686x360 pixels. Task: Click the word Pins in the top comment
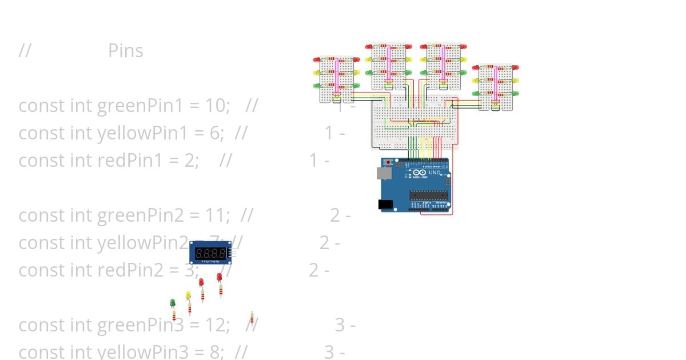click(126, 51)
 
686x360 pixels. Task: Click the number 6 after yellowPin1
click(215, 133)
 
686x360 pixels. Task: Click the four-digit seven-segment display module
click(210, 253)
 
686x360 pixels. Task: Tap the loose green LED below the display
click(173, 302)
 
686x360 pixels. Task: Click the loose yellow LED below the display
click(188, 295)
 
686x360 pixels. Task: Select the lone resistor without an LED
click(252, 318)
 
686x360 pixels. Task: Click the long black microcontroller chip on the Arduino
click(429, 195)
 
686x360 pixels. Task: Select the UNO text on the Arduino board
click(434, 173)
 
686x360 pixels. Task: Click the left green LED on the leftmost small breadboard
click(316, 86)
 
